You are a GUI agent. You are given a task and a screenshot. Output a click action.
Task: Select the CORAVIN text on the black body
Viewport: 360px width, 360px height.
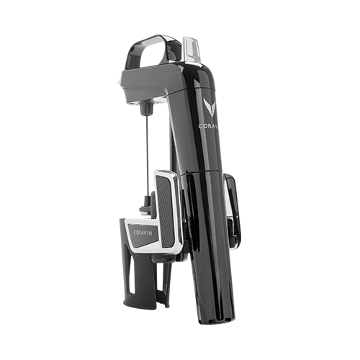(208, 126)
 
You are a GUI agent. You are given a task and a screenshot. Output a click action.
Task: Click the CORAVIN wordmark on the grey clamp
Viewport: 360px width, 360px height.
(143, 233)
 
